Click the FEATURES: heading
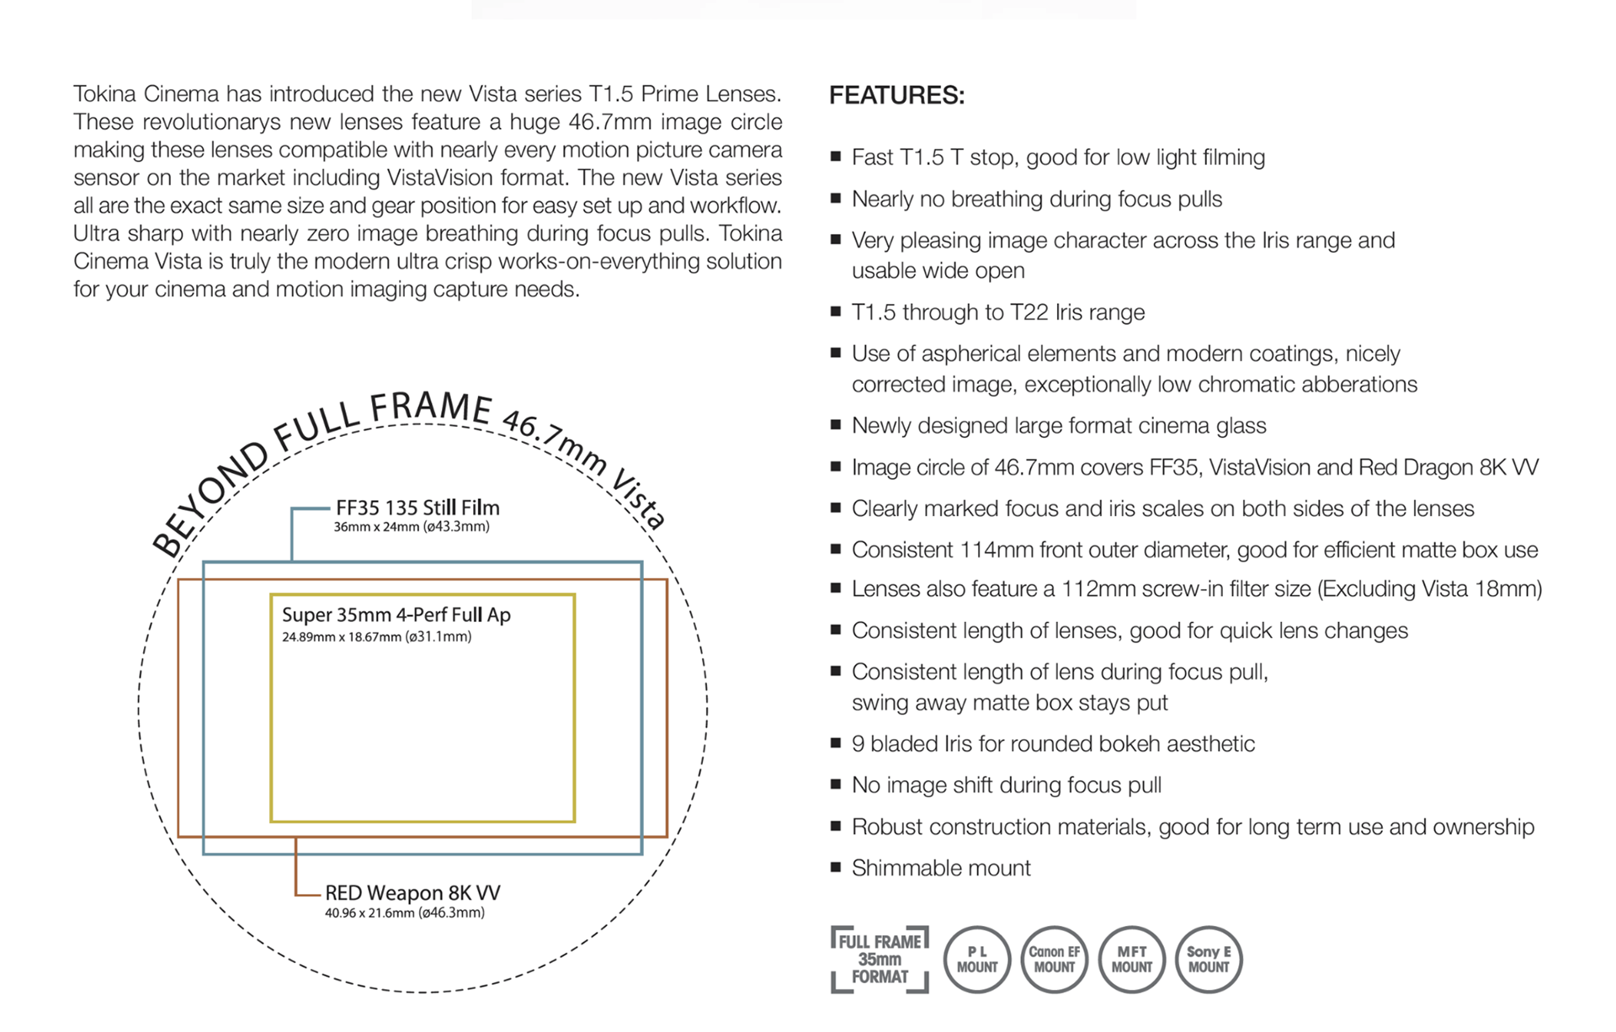[x=896, y=95]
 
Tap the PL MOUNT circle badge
[x=976, y=960]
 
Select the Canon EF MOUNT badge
[x=1054, y=960]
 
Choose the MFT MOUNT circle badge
[x=1131, y=960]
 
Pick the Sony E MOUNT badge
[x=1209, y=960]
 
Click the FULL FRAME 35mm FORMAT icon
[x=880, y=960]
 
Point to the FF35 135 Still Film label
[x=417, y=508]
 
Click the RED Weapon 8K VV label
[x=412, y=892]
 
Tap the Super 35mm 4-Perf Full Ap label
[x=396, y=614]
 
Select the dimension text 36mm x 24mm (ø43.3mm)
[x=412, y=527]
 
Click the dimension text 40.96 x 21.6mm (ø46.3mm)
[x=405, y=912]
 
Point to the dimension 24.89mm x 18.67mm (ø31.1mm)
[x=377, y=636]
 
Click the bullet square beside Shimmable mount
[x=836, y=867]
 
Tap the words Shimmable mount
[x=941, y=868]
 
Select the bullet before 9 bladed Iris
[x=836, y=742]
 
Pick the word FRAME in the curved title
[x=431, y=407]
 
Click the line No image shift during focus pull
[x=1007, y=785]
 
